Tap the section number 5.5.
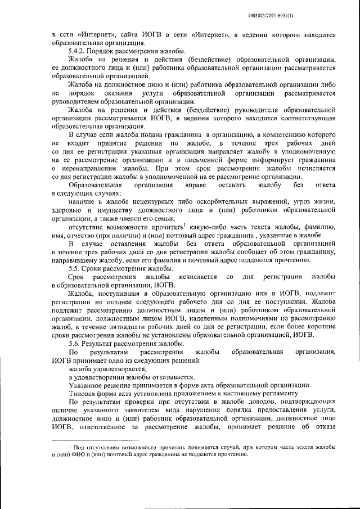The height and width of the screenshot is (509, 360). pyautogui.click(x=75, y=269)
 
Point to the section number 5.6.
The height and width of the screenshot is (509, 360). pyautogui.click(x=75, y=343)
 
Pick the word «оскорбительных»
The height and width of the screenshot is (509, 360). pyautogui.click(x=223, y=202)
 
